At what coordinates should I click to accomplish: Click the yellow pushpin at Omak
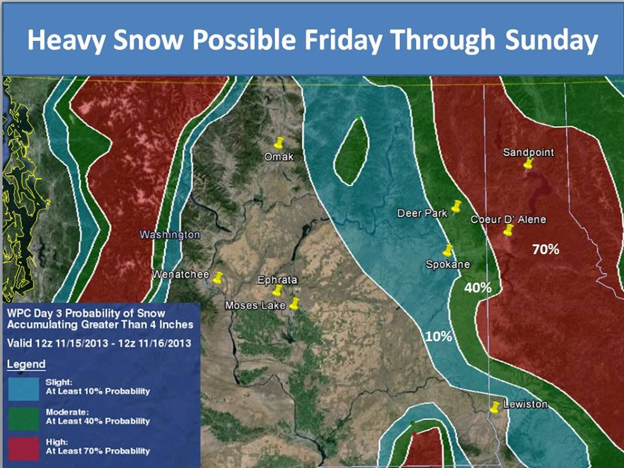(x=279, y=142)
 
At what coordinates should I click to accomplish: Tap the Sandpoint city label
(x=528, y=152)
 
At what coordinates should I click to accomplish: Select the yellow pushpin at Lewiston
(x=494, y=407)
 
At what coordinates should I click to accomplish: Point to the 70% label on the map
(x=545, y=250)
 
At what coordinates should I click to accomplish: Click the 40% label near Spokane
(x=478, y=287)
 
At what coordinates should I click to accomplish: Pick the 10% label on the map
(x=439, y=337)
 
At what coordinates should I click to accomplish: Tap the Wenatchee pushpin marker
(x=218, y=278)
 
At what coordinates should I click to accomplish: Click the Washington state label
(x=170, y=235)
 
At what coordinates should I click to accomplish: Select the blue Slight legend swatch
(x=23, y=389)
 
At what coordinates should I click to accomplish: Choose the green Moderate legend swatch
(x=23, y=419)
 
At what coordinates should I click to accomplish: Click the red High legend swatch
(x=23, y=449)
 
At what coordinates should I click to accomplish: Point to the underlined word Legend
(x=26, y=365)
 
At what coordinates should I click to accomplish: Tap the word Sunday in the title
(x=552, y=40)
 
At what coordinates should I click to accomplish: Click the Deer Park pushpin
(x=456, y=207)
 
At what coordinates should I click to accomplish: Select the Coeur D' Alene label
(x=508, y=219)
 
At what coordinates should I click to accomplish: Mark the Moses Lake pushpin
(x=294, y=304)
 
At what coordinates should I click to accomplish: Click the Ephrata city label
(x=278, y=279)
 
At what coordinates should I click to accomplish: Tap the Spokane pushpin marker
(x=448, y=250)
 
